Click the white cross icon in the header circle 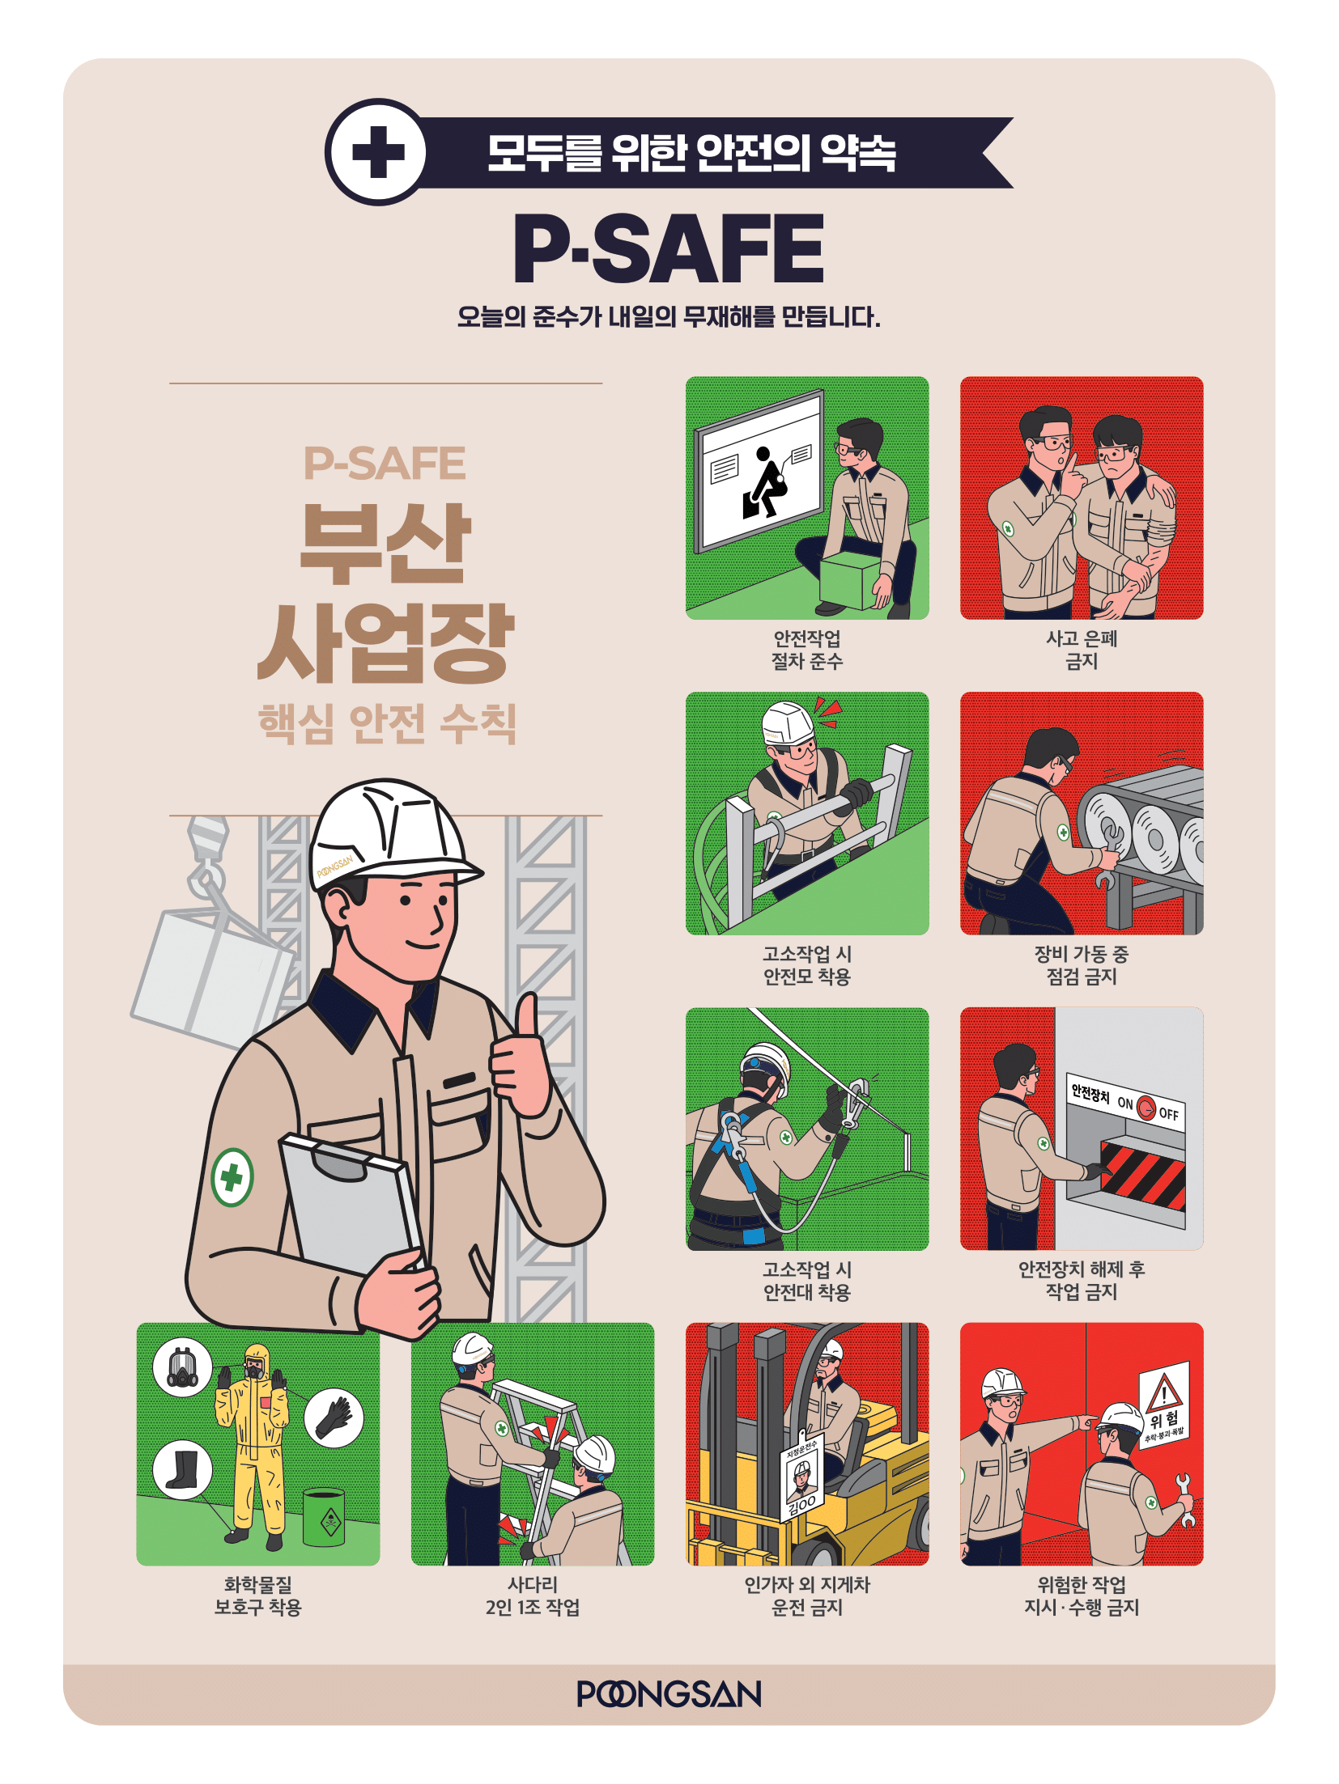pos(378,152)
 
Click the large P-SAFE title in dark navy pos(669,248)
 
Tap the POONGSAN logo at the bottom pos(669,1693)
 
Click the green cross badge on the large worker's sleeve pos(232,1177)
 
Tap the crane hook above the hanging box pos(208,858)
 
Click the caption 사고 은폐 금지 pos(1082,650)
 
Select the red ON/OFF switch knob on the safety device pos(1146,1107)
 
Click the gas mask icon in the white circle pos(182,1367)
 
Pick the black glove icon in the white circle pos(334,1417)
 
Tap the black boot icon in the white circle pos(182,1469)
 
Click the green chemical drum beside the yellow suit pos(324,1517)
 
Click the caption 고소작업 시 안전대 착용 pos(807,1281)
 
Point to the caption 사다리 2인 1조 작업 pos(533,1596)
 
